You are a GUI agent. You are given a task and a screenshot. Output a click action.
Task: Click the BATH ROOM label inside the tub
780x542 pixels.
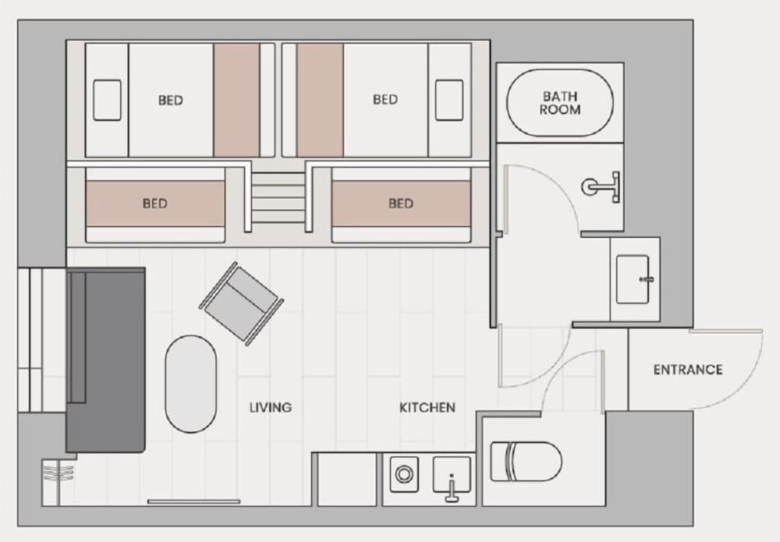560,103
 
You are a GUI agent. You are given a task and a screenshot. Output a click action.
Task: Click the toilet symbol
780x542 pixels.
526,462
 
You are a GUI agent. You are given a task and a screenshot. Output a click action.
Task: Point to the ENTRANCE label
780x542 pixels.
688,370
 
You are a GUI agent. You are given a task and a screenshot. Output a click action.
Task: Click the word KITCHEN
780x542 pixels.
427,407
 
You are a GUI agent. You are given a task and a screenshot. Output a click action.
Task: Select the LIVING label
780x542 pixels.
270,407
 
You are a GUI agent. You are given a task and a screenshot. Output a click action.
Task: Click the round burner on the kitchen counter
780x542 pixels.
405,473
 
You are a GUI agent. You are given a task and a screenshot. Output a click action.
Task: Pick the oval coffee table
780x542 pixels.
191,384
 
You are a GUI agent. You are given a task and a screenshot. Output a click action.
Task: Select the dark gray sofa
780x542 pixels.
106,360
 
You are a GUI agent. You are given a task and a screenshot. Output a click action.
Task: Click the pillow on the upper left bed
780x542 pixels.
107,100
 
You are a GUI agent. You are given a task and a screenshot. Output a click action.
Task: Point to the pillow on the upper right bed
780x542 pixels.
449,100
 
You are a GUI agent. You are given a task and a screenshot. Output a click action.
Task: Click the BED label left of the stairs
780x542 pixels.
154,204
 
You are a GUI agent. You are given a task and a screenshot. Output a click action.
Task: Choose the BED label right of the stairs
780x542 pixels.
400,204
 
